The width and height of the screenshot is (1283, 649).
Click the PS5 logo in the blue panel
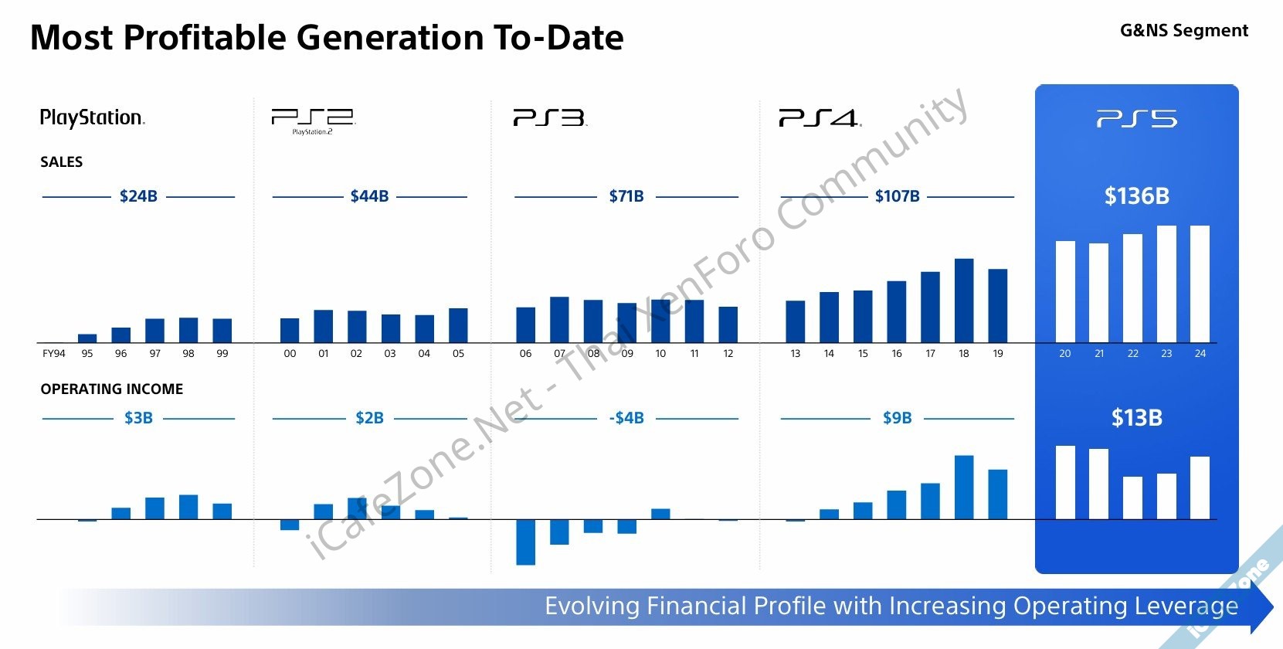click(1136, 119)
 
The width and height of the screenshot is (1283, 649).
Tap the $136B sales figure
click(1136, 196)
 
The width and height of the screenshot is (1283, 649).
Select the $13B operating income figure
click(1136, 418)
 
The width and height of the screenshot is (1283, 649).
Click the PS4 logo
click(820, 118)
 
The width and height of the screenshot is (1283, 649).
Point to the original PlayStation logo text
click(92, 117)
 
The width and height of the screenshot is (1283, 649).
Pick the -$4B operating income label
click(626, 418)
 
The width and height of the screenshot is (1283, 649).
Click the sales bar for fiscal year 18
click(964, 301)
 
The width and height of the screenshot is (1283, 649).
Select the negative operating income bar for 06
click(525, 542)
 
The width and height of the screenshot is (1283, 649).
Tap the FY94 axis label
click(54, 354)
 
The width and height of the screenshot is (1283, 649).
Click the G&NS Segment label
click(1183, 31)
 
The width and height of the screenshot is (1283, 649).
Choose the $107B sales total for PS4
click(897, 196)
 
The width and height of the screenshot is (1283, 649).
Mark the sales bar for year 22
click(1132, 288)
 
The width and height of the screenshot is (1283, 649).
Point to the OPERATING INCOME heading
click(112, 389)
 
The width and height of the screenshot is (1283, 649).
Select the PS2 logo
click(313, 120)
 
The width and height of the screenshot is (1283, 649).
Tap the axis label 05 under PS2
click(458, 354)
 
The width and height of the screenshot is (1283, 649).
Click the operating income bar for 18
click(964, 488)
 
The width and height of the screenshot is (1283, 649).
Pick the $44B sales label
click(369, 196)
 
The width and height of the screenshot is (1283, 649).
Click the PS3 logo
click(549, 118)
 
